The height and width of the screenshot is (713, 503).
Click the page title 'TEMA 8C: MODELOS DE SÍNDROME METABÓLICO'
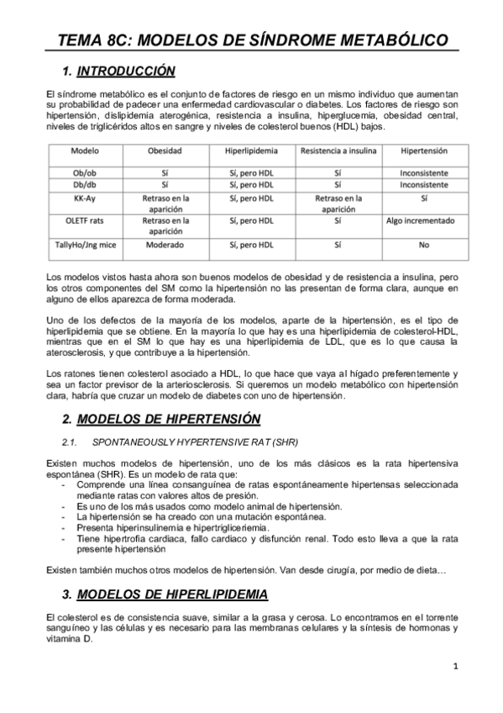251,40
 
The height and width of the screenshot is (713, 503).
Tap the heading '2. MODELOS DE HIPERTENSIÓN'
167,419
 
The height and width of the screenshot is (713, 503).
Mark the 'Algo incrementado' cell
423,221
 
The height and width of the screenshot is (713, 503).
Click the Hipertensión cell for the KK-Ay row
423,198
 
